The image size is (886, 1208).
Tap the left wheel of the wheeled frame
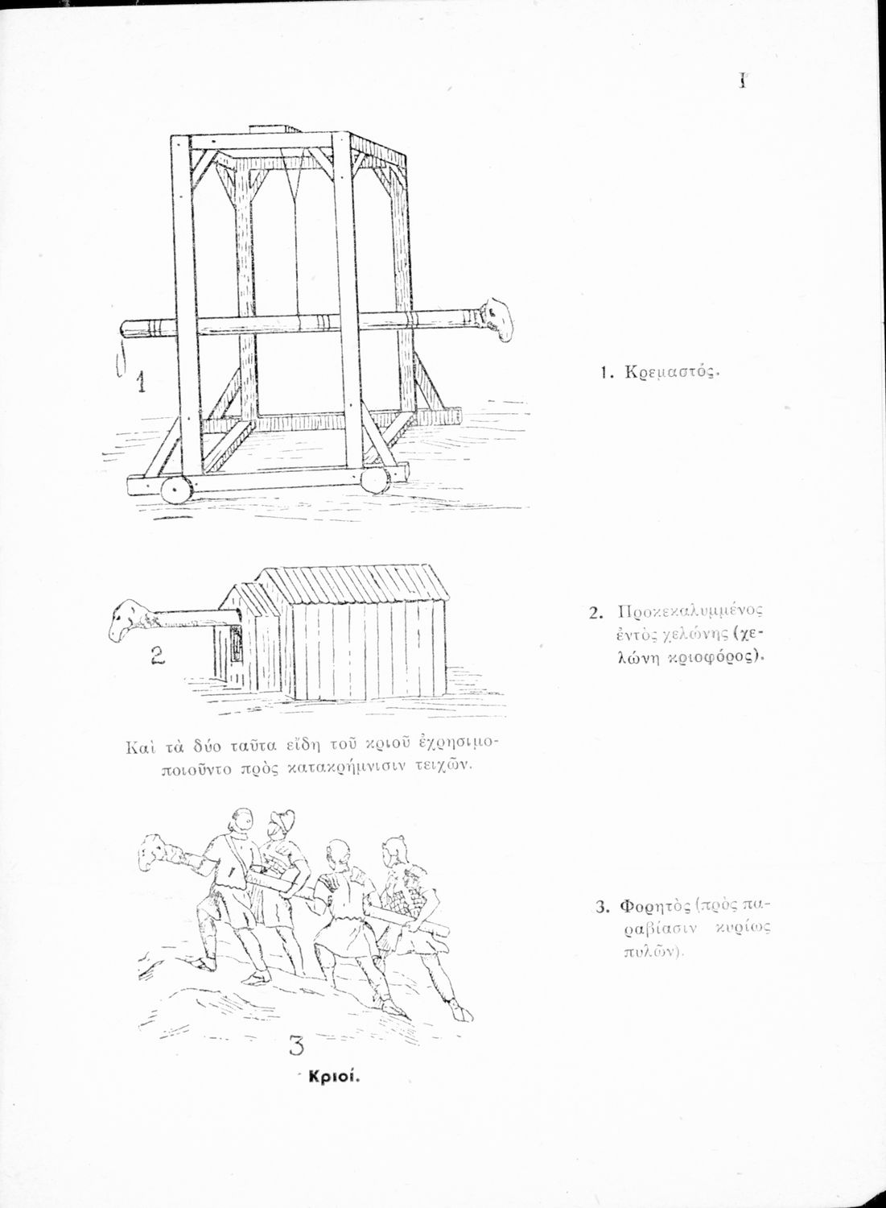pyautogui.click(x=176, y=490)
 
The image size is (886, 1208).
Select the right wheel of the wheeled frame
pyautogui.click(x=374, y=481)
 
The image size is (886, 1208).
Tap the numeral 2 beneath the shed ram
pyautogui.click(x=157, y=656)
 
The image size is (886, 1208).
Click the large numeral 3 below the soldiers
pyautogui.click(x=295, y=1046)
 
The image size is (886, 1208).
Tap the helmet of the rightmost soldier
pyautogui.click(x=393, y=848)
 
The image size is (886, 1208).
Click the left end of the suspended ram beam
pyautogui.click(x=127, y=329)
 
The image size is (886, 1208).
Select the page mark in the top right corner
pyautogui.click(x=744, y=81)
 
